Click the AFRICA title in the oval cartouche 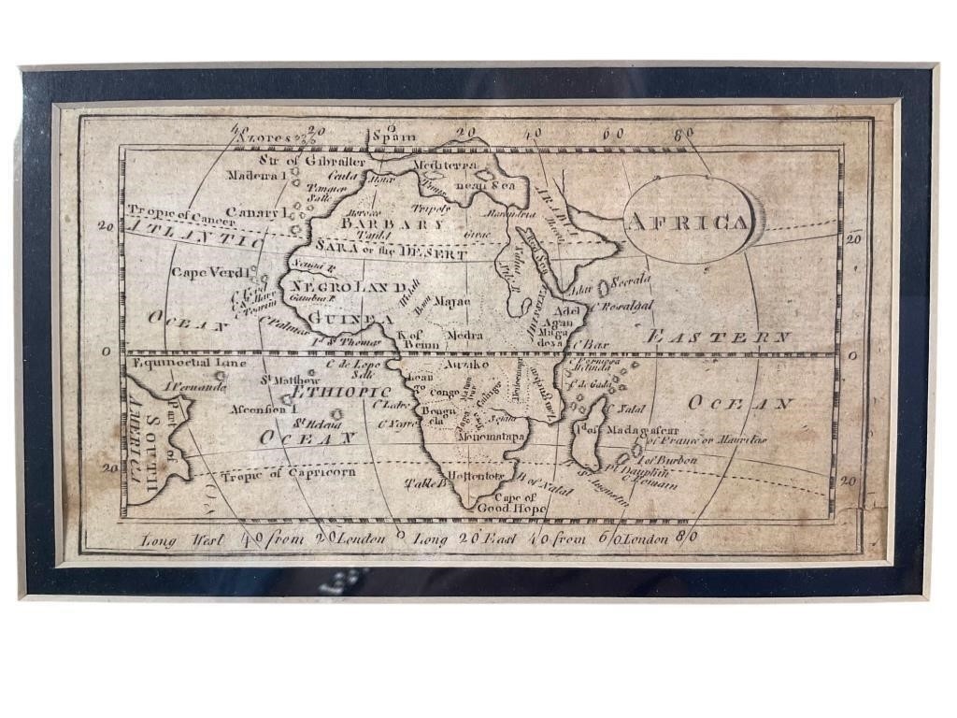688,223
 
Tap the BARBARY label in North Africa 393,224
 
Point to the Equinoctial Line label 191,362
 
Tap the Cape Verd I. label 210,273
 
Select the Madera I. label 253,175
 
